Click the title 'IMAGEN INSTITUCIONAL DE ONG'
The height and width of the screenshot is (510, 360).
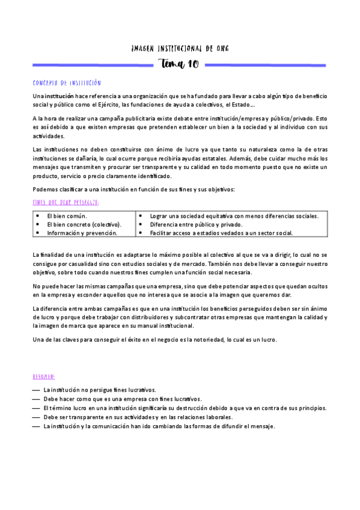click(180, 48)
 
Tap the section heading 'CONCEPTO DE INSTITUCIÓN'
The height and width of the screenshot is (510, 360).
click(67, 83)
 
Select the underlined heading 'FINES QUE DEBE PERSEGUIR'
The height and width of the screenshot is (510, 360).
click(66, 203)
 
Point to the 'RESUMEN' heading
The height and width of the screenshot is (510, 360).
click(44, 377)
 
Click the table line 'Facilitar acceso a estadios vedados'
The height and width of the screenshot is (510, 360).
click(213, 232)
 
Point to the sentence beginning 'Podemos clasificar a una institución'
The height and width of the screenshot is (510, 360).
click(134, 190)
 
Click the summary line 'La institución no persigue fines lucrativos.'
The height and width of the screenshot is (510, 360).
click(100, 390)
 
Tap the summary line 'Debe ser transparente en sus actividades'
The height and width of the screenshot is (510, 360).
click(138, 417)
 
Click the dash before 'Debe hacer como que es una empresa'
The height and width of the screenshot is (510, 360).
click(37, 399)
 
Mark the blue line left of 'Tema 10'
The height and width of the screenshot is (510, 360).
click(94, 65)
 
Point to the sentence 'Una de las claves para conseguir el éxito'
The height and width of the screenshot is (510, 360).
click(155, 340)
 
